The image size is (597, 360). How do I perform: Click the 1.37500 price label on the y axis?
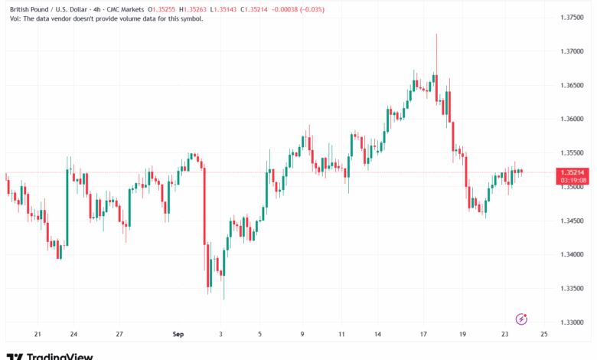click(x=573, y=18)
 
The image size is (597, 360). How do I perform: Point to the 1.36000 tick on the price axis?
click(x=573, y=119)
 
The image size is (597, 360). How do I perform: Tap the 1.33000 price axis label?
click(x=573, y=322)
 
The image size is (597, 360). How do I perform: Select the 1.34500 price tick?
click(x=573, y=221)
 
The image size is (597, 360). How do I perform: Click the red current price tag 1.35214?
click(x=573, y=173)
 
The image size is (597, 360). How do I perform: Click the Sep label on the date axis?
click(x=178, y=335)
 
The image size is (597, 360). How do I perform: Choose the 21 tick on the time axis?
click(x=37, y=335)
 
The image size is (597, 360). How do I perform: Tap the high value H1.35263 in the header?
click(x=199, y=9)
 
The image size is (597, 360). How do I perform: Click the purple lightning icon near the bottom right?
click(x=522, y=319)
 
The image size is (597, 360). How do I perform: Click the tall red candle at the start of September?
click(x=204, y=207)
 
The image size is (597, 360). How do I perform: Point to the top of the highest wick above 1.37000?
click(x=436, y=34)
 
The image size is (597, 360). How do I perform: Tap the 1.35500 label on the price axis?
click(x=573, y=152)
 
